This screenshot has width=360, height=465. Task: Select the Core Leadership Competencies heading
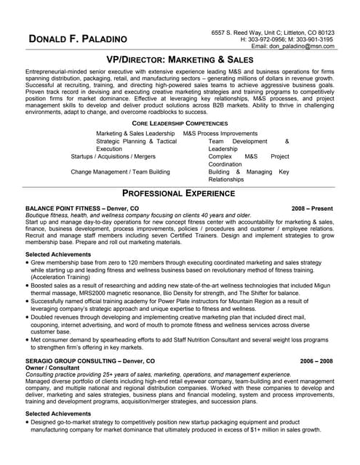(x=180, y=124)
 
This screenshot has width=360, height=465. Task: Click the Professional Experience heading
(x=180, y=193)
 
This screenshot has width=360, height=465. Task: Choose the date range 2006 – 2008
(x=316, y=360)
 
